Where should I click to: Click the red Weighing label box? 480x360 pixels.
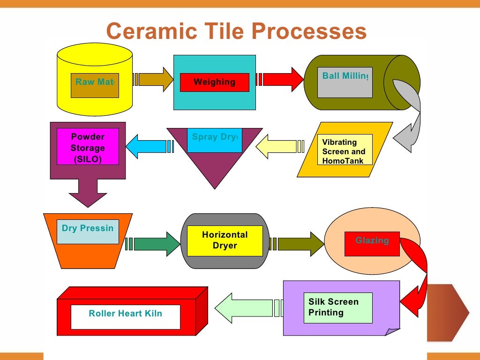point(214,82)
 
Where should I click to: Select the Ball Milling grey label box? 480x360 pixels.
point(345,82)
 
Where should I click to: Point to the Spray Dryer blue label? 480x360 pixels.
point(214,140)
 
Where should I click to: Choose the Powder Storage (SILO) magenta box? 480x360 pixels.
point(88,146)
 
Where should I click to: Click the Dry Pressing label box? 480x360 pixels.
point(88,232)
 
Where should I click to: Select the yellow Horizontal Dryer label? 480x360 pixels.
point(225,240)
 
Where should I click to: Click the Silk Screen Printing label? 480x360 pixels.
point(337,308)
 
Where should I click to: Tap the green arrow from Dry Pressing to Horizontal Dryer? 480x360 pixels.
point(155,244)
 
